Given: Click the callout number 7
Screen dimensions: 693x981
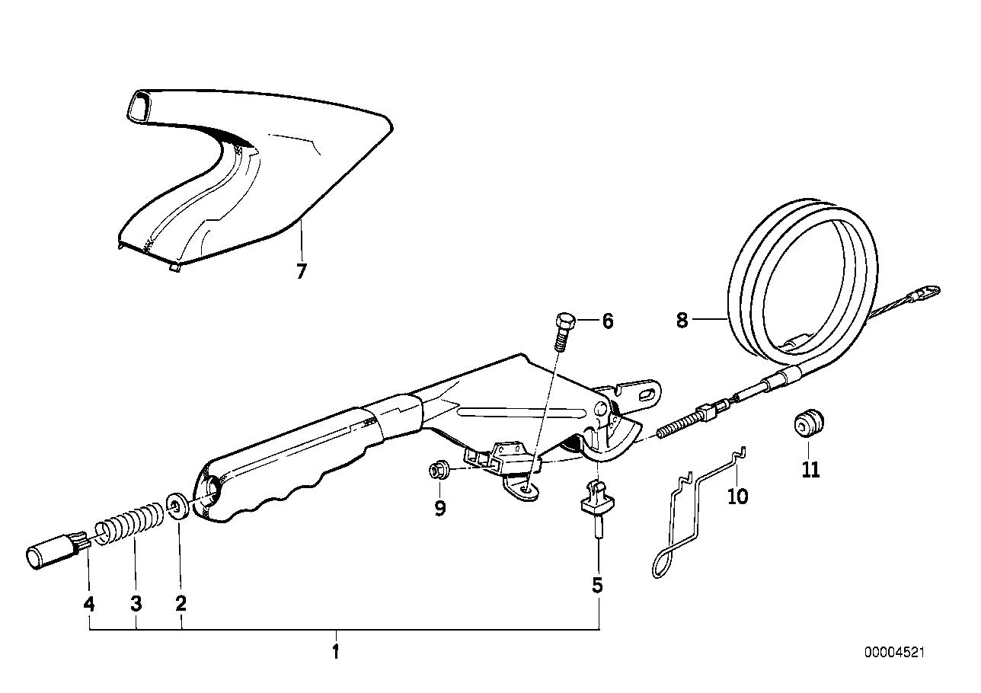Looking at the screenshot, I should (301, 271).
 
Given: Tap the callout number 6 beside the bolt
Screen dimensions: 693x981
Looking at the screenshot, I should (607, 321).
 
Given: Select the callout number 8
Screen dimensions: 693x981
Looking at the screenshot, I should (682, 321).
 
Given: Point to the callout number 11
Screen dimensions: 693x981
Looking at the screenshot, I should (810, 469).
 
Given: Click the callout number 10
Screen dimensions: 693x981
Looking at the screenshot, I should (737, 497).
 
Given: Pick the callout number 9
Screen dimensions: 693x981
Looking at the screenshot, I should (439, 508).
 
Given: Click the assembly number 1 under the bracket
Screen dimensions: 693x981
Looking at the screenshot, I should (334, 652).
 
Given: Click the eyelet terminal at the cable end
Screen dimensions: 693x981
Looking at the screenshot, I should (927, 291).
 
